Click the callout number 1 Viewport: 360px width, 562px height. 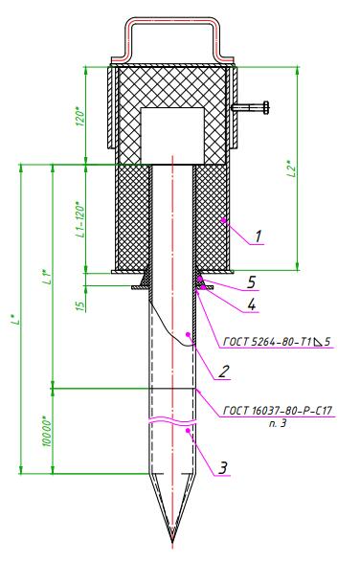[x=259, y=236]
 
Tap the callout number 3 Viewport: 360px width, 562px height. [x=223, y=468]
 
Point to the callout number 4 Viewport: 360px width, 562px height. [x=252, y=304]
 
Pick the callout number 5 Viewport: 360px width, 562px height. [x=252, y=282]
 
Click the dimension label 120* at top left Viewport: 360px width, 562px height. [x=80, y=116]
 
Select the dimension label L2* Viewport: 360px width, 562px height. [x=293, y=169]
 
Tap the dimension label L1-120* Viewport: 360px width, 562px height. [x=80, y=221]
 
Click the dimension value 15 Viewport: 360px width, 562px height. [x=81, y=305]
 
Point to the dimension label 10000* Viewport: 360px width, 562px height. [x=47, y=431]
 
